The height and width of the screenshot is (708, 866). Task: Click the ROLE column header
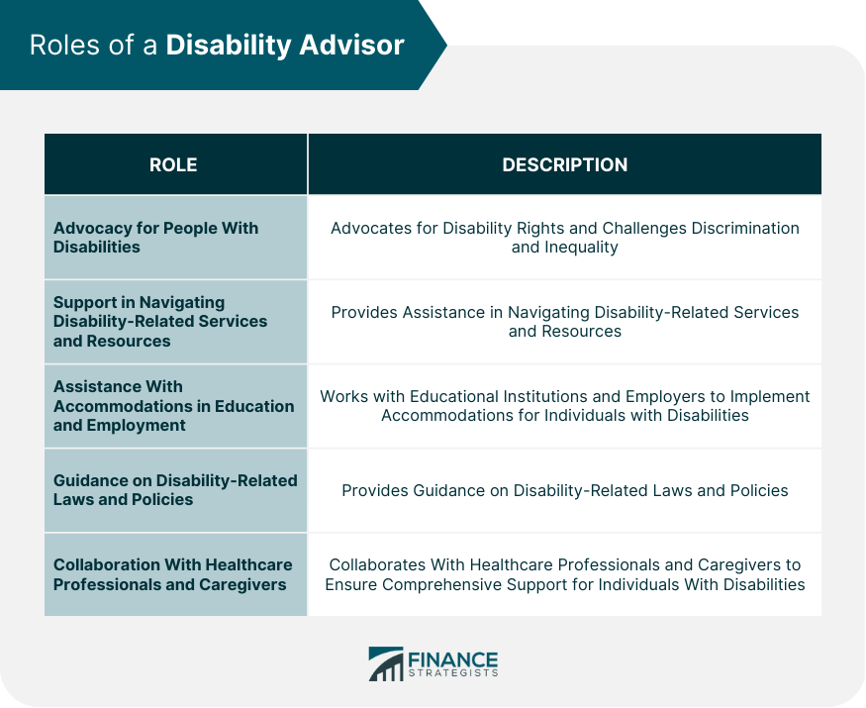click(173, 165)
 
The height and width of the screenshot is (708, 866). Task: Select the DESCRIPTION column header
click(564, 165)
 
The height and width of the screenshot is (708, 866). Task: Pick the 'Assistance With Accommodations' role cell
click(173, 406)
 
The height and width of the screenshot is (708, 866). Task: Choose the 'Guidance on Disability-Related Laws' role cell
click(175, 490)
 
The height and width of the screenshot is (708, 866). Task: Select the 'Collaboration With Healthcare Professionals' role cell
click(173, 574)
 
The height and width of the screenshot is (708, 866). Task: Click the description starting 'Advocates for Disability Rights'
click(564, 238)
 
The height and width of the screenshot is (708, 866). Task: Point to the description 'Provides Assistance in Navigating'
click(564, 322)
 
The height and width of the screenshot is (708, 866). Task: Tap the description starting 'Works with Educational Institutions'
click(564, 406)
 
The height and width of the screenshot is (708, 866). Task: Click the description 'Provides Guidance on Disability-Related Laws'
click(564, 490)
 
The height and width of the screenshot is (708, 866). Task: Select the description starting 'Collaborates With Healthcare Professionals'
click(564, 574)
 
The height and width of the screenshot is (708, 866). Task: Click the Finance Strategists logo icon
click(385, 664)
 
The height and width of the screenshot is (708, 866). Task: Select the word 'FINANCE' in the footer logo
click(452, 659)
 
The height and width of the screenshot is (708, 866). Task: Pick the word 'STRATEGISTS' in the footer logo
click(452, 674)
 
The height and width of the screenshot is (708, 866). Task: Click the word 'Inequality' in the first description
click(582, 248)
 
